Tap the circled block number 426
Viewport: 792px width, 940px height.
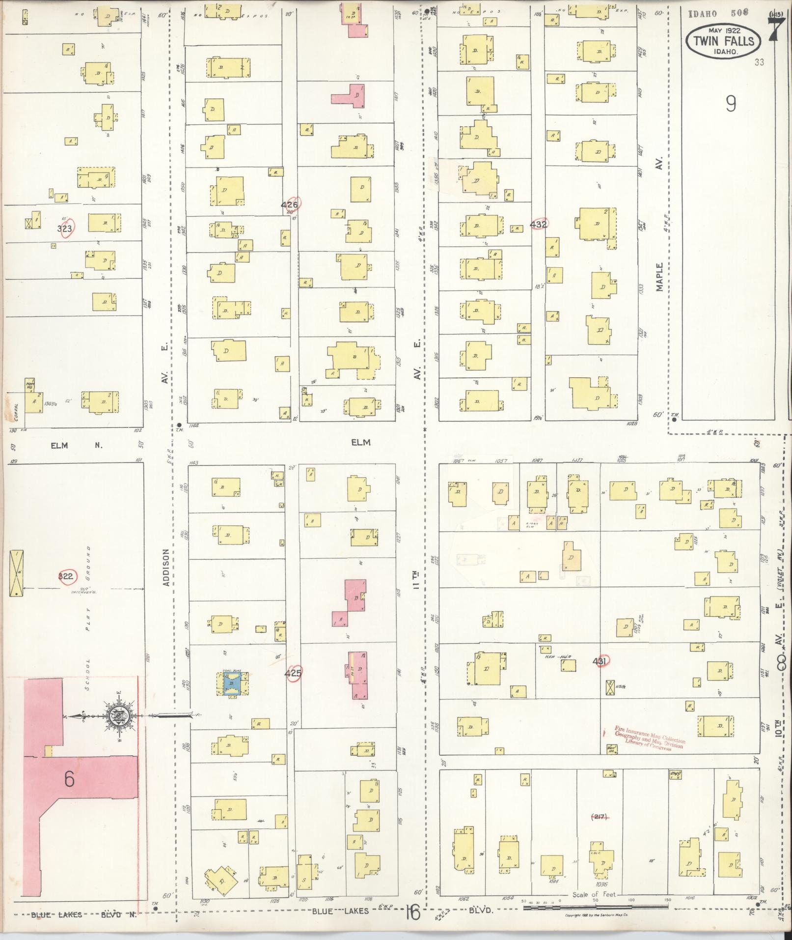coord(290,204)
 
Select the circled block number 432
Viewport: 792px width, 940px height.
coord(539,224)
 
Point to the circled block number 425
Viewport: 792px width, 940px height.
coord(293,673)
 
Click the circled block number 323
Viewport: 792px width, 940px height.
coord(65,228)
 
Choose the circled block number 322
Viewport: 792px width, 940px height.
coord(66,576)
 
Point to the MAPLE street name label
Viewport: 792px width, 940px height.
coord(659,277)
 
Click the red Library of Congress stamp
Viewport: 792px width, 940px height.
coord(643,738)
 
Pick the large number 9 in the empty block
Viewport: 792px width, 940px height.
coord(731,104)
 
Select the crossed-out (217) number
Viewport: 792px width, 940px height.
coord(599,817)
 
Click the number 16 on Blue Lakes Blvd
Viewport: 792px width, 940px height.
coord(413,912)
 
